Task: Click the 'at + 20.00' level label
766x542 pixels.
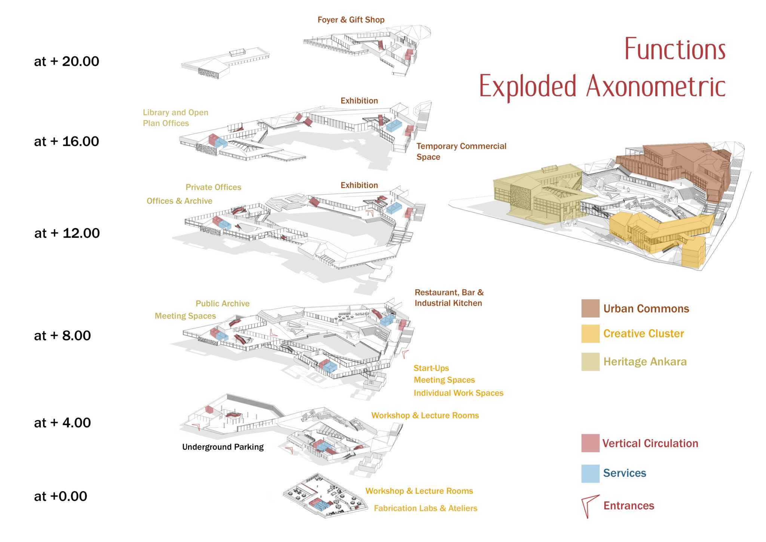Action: pos(67,61)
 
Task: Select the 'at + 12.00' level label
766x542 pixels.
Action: pos(67,233)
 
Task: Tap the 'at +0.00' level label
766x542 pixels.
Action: pos(61,496)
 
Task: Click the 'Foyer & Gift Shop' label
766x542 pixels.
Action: pos(351,20)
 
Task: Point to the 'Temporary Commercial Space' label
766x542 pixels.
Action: pos(461,151)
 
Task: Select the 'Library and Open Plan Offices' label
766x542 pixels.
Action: pos(175,118)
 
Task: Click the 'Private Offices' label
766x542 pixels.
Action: pos(213,187)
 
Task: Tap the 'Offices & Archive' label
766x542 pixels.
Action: pos(179,201)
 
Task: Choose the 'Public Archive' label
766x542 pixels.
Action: pos(223,304)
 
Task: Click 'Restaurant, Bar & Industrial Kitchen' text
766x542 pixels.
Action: pos(449,298)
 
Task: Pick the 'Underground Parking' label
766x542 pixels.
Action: pos(223,447)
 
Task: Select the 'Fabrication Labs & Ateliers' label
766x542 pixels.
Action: pos(426,508)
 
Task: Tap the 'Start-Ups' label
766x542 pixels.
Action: pos(431,368)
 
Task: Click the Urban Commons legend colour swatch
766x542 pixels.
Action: pos(590,308)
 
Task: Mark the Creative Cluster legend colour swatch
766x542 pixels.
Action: pos(590,334)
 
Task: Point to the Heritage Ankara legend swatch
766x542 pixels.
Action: pos(590,362)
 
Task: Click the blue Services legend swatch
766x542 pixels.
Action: pos(590,473)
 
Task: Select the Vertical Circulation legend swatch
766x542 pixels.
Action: pos(590,443)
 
